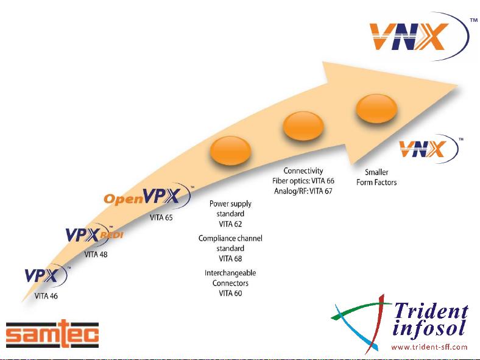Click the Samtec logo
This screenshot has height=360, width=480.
[52, 334]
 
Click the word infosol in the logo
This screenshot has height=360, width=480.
[430, 330]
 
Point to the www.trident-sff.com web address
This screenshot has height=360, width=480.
[429, 347]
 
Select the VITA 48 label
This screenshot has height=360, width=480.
[95, 254]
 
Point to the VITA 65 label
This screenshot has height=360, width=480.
[161, 217]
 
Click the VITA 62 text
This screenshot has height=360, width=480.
[230, 224]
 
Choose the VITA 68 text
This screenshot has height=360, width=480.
[230, 258]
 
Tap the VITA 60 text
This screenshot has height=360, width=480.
[230, 293]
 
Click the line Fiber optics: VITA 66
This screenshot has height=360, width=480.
[303, 181]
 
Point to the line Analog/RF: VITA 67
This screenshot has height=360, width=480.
[303, 191]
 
